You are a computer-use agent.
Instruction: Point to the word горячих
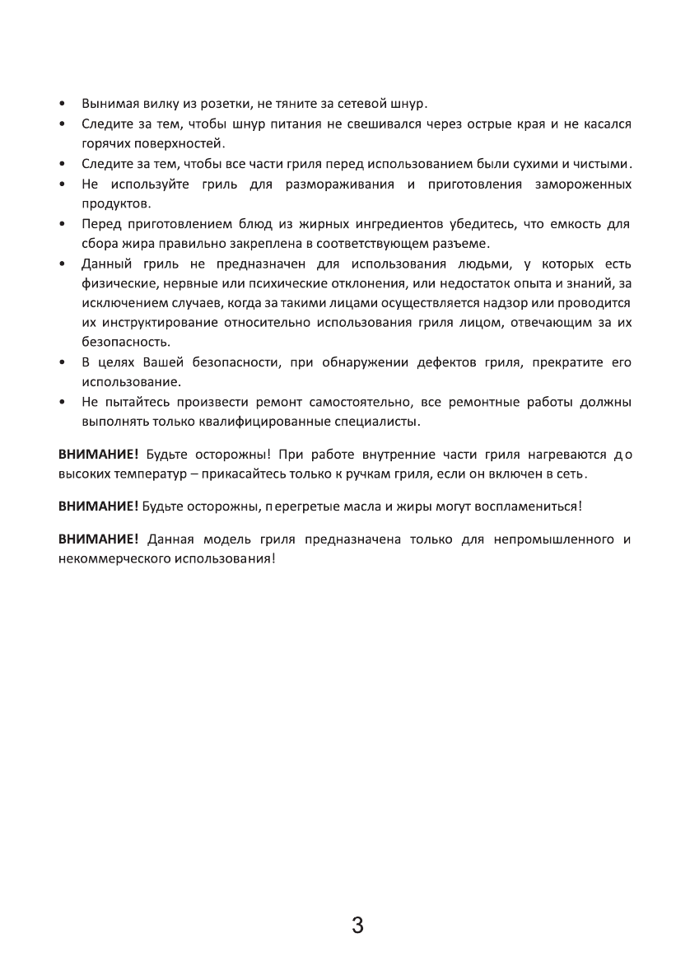pyautogui.click(x=105, y=142)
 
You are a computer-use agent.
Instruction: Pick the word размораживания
pyautogui.click(x=340, y=183)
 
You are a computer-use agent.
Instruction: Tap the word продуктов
pyautogui.click(x=115, y=202)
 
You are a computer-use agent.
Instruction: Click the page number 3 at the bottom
pyautogui.click(x=357, y=925)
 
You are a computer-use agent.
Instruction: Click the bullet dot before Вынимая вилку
pyautogui.click(x=63, y=105)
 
